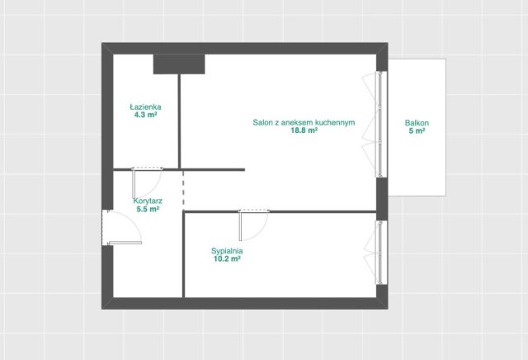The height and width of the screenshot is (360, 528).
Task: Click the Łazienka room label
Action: (x=145, y=107)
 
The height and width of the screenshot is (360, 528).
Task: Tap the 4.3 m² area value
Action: (x=146, y=115)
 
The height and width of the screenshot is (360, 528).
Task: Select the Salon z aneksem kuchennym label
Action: (x=304, y=122)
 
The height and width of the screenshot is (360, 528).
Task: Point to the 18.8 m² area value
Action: (x=304, y=130)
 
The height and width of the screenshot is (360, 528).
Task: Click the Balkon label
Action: (x=417, y=123)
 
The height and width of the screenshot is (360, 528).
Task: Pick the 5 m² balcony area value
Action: (x=417, y=130)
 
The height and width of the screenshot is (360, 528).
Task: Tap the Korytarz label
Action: (x=148, y=201)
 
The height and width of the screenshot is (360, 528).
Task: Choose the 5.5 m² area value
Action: (x=148, y=209)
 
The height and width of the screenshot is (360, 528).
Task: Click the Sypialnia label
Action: (x=227, y=251)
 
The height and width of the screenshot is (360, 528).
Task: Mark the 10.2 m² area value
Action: (x=227, y=259)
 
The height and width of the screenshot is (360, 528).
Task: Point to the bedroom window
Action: (x=380, y=252)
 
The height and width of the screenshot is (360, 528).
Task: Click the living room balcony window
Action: (x=380, y=124)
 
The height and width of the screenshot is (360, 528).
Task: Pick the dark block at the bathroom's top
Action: (x=179, y=64)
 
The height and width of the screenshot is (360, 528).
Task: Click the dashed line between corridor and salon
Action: (x=183, y=190)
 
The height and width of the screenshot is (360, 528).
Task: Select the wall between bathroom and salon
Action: (x=180, y=121)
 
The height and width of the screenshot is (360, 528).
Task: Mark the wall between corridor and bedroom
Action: (x=184, y=254)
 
